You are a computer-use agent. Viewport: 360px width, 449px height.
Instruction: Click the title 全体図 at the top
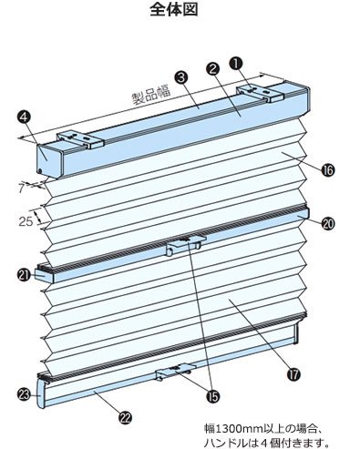click(174, 9)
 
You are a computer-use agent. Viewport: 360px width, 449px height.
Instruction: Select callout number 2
click(213, 69)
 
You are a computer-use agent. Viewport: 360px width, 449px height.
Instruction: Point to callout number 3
click(180, 77)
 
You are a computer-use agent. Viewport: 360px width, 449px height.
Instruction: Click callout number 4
click(24, 117)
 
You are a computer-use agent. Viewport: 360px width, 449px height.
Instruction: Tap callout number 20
click(328, 224)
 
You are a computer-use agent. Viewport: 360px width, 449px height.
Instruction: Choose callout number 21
click(25, 275)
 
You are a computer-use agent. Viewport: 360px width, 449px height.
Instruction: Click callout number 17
click(293, 374)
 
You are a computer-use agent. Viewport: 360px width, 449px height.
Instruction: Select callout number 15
click(212, 396)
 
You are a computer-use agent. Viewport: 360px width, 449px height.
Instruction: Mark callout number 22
click(126, 418)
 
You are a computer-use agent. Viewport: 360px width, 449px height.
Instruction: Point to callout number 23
click(24, 394)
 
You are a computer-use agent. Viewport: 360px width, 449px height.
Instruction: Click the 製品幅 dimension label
click(151, 94)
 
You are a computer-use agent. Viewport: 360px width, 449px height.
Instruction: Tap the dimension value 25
click(26, 221)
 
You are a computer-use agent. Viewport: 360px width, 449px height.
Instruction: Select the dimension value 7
click(21, 189)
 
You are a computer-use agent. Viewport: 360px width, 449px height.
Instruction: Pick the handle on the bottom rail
click(176, 372)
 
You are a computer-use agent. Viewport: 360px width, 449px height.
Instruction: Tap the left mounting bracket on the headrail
click(81, 140)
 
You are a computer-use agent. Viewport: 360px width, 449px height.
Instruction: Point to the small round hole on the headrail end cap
click(40, 171)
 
